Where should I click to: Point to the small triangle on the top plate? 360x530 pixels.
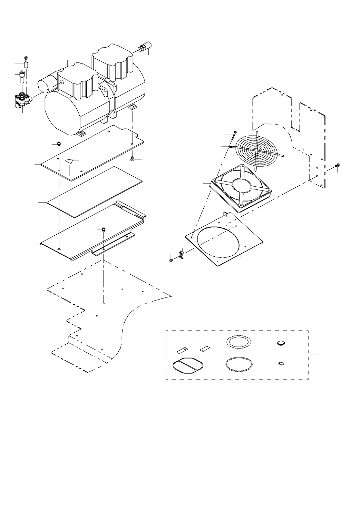[70, 161]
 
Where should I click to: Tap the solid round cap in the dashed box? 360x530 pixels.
[281, 343]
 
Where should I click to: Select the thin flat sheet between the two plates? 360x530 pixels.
[95, 192]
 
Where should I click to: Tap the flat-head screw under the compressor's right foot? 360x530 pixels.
[132, 159]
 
